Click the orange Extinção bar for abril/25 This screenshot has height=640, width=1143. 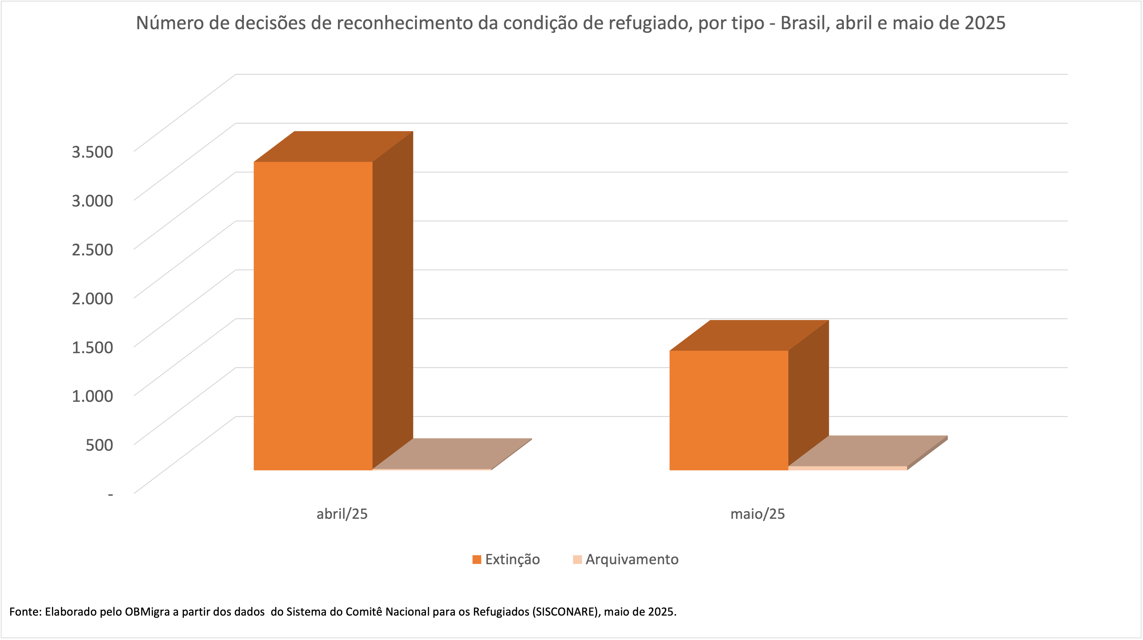313,315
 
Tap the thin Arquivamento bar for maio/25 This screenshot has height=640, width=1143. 847,468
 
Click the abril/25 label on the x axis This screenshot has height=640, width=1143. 342,514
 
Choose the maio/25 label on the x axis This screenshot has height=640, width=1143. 757,514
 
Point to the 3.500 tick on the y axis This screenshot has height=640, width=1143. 92,152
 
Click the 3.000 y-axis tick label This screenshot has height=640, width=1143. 92,201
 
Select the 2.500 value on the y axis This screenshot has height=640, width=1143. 92,249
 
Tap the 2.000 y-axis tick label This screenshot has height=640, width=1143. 92,298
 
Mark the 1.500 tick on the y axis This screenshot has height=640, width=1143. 92,347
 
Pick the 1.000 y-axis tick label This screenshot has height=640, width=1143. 92,396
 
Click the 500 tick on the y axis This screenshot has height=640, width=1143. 100,445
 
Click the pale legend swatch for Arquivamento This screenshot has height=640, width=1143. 577,560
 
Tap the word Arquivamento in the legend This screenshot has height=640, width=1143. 632,560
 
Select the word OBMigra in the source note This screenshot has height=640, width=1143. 147,612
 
